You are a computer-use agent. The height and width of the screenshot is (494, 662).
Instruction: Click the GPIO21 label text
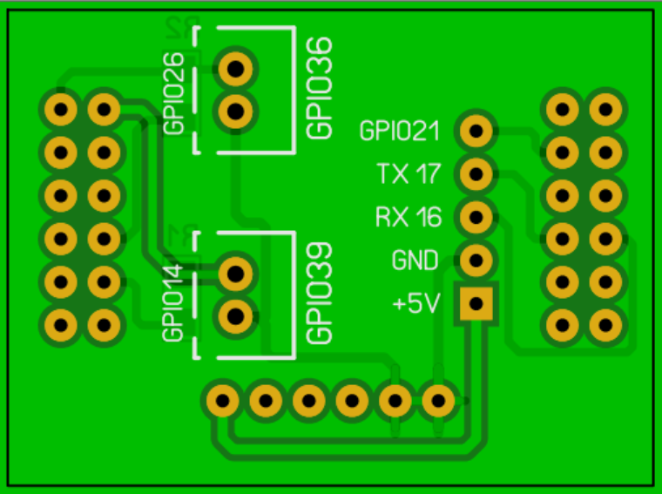(400, 132)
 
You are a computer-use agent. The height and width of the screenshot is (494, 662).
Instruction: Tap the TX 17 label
(409, 174)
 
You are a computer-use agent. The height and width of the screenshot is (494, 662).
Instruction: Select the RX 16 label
(409, 216)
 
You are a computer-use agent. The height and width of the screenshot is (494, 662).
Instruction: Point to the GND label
(416, 260)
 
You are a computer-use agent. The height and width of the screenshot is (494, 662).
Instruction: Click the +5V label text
(417, 304)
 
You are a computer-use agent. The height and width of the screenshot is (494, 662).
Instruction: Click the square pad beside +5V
(476, 302)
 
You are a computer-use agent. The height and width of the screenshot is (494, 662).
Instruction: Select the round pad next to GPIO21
(476, 131)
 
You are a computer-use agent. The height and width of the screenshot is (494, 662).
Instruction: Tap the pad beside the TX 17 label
(476, 173)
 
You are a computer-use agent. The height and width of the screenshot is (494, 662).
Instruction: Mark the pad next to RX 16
(476, 216)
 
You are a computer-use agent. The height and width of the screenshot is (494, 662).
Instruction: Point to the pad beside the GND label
(476, 259)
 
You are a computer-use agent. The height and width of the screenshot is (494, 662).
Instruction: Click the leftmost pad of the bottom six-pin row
(223, 401)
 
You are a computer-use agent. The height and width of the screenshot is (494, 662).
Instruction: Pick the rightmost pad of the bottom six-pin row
(438, 401)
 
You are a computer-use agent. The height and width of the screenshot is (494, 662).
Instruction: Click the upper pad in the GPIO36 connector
(236, 67)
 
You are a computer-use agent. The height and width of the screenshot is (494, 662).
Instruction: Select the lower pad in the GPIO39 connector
(235, 315)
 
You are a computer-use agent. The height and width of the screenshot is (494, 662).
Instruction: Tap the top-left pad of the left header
(61, 110)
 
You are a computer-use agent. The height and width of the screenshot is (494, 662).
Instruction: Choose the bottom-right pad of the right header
(605, 325)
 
